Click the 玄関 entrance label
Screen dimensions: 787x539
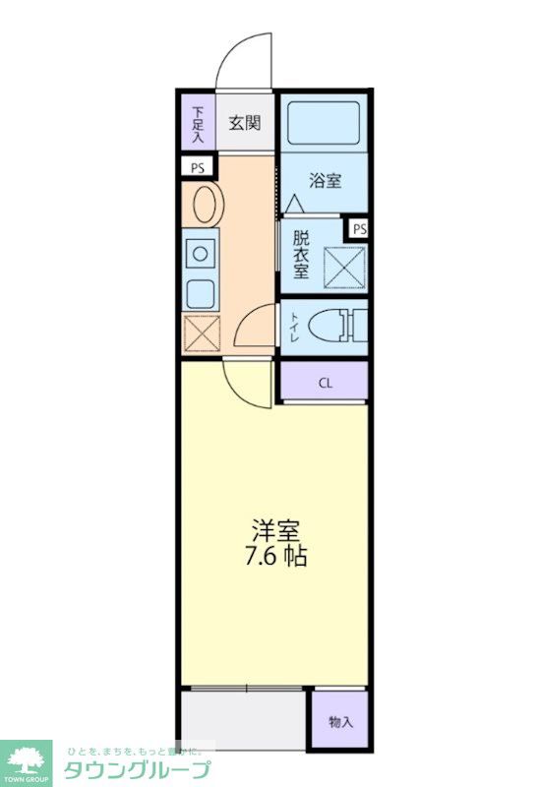(245, 123)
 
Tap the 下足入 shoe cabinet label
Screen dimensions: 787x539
(198, 123)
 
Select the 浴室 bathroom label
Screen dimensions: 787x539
(324, 180)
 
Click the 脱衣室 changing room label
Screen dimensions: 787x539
(301, 255)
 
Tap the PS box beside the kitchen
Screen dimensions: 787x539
(198, 167)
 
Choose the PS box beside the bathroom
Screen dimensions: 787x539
(359, 229)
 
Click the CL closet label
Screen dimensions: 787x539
(324, 384)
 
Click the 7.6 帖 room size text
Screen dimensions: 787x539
(275, 557)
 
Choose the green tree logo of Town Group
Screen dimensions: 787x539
(28, 757)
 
